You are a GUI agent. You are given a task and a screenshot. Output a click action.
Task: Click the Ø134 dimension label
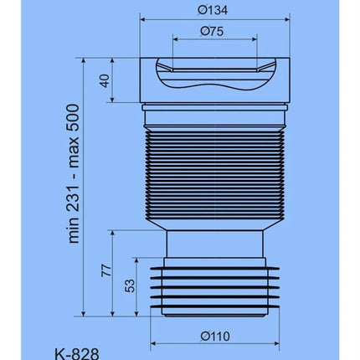coord(213,10)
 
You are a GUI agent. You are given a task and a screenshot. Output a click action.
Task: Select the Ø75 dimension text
coord(212,31)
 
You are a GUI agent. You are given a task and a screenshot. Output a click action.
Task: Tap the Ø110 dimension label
coord(215,336)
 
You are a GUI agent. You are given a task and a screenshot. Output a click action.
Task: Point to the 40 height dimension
coord(105,80)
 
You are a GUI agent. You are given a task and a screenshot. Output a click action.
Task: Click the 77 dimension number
coord(106,270)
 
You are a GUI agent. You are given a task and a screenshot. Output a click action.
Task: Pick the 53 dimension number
coord(130,285)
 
